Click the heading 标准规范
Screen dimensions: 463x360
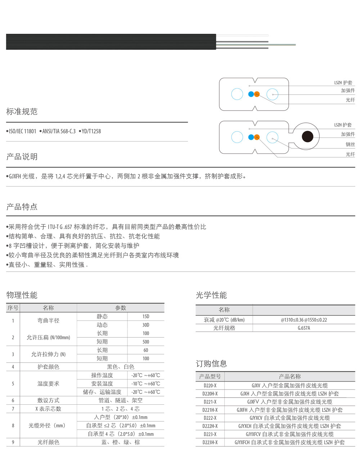point(22,112)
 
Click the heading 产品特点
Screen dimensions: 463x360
point(22,207)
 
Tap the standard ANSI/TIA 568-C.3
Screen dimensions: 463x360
point(59,131)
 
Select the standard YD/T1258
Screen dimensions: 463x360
point(91,131)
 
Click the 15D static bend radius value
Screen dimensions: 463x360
point(145,316)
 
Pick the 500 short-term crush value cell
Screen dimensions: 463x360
point(145,342)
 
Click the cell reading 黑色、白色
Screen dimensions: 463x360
point(121,367)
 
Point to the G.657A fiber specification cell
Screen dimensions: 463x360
point(304,328)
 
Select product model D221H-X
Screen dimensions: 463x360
point(210,410)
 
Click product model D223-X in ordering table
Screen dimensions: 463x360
point(210,434)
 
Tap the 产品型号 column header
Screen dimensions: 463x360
point(210,377)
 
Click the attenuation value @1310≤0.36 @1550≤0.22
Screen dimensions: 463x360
point(304,320)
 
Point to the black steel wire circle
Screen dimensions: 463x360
point(307,137)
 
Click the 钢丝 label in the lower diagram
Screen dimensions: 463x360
point(350,144)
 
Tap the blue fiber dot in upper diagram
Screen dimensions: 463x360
point(251,94)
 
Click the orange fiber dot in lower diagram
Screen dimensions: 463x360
point(257,137)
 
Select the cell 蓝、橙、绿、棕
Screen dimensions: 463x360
point(121,442)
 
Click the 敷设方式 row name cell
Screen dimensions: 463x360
point(48,400)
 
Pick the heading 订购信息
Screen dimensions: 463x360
point(211,364)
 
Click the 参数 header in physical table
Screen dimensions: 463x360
point(121,308)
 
